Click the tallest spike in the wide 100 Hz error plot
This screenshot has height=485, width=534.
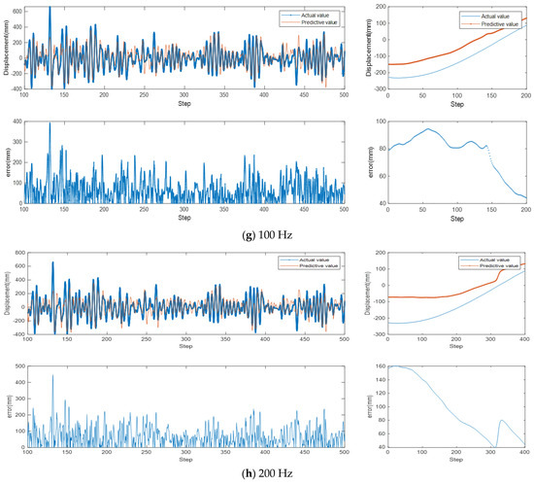click(x=50, y=123)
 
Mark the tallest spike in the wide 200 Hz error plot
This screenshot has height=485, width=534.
click(x=52, y=376)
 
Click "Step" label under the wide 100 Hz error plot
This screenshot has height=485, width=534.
click(x=184, y=218)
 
